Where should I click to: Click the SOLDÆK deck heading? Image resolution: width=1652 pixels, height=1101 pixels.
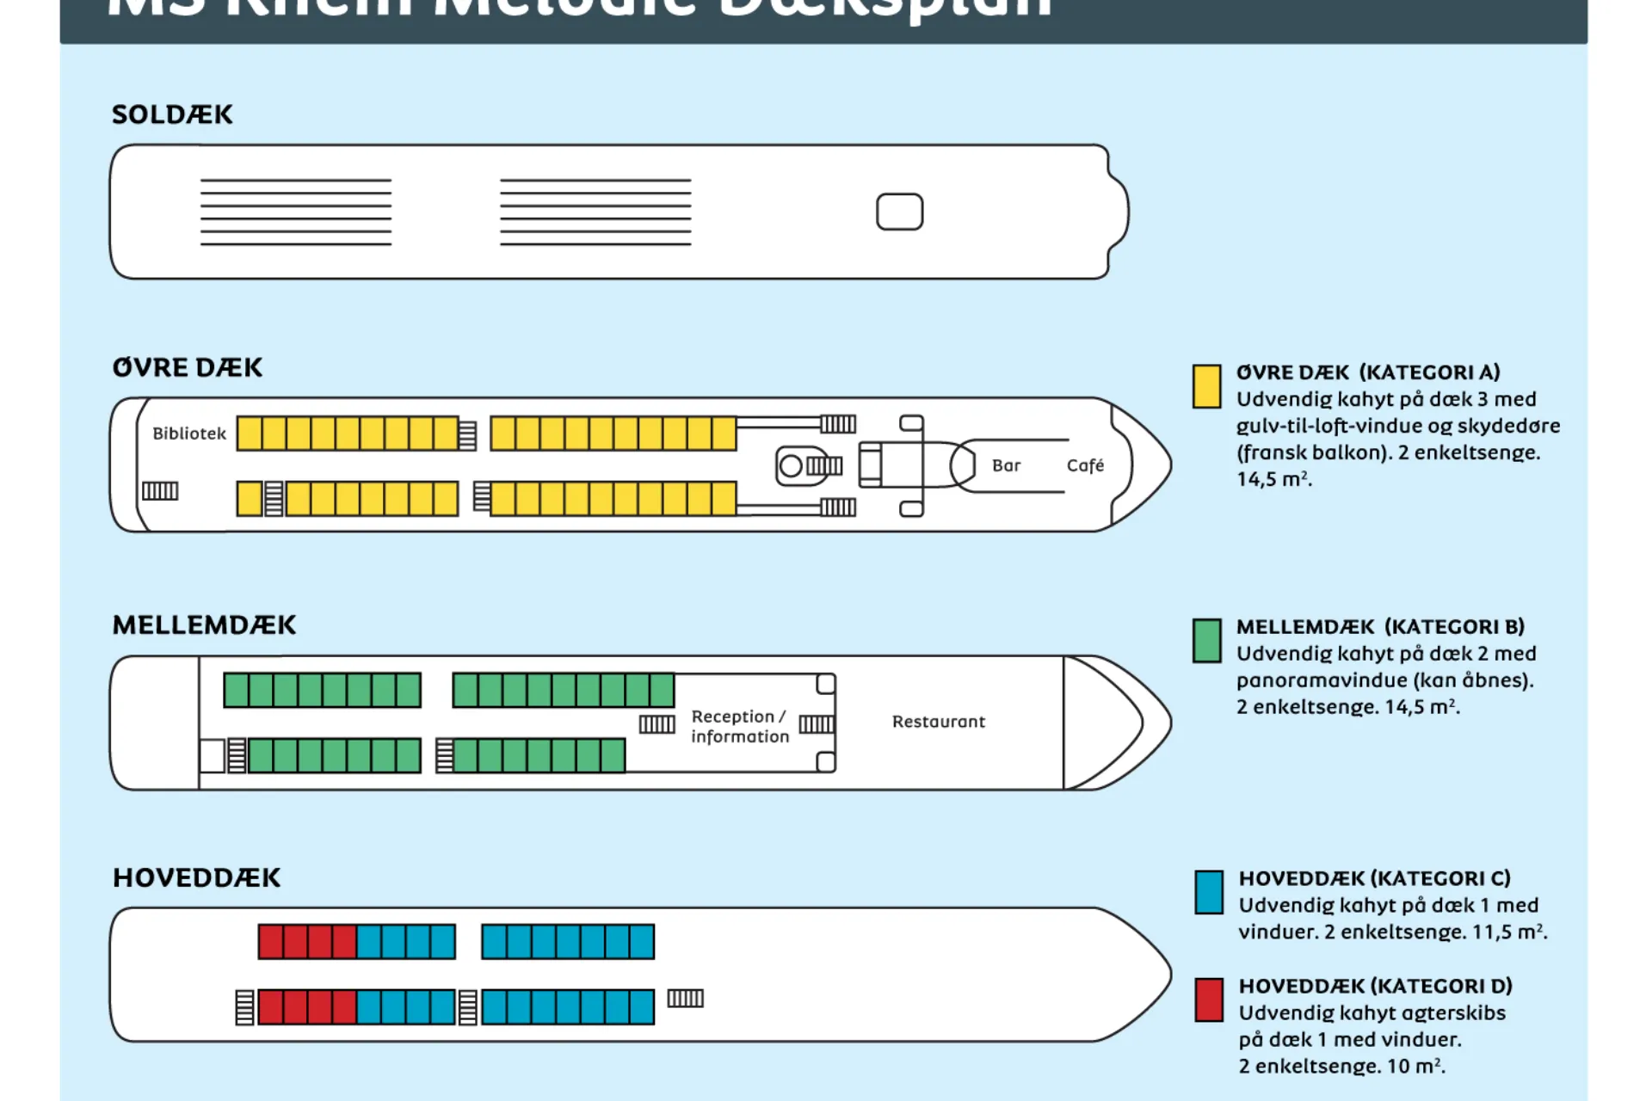click(x=172, y=114)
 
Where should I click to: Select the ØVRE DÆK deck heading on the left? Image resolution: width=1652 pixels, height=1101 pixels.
click(x=187, y=367)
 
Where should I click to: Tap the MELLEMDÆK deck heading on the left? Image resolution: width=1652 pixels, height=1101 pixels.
click(x=204, y=624)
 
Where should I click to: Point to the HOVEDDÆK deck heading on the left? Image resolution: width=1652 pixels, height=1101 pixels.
click(x=196, y=877)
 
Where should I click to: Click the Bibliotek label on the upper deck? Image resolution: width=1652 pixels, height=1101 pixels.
click(x=189, y=434)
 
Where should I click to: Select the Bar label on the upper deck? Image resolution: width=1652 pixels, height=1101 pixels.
click(x=1006, y=465)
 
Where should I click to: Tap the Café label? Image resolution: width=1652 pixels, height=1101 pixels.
click(x=1085, y=465)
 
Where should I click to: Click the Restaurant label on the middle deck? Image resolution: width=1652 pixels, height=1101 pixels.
click(x=939, y=722)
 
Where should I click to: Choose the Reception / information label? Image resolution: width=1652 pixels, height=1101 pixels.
click(x=740, y=727)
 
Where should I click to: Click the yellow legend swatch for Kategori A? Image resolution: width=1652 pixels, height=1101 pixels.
click(x=1206, y=386)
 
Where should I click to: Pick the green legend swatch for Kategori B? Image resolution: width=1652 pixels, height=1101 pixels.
click(x=1206, y=641)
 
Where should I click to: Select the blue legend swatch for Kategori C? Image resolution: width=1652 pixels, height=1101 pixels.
click(x=1209, y=892)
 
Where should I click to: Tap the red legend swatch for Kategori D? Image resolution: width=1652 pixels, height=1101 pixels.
click(x=1209, y=1000)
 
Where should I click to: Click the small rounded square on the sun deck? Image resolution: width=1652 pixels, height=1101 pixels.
click(x=899, y=212)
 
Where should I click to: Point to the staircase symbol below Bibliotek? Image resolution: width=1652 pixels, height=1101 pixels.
click(x=160, y=491)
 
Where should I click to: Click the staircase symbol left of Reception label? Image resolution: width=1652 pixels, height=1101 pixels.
click(x=656, y=724)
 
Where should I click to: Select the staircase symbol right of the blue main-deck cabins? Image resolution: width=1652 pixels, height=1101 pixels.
click(x=686, y=998)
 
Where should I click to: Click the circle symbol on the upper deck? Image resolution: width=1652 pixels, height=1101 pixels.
click(x=790, y=466)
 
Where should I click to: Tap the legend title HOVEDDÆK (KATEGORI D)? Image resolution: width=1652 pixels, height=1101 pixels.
click(x=1375, y=986)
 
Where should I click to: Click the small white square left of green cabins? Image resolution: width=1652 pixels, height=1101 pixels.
click(x=212, y=756)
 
